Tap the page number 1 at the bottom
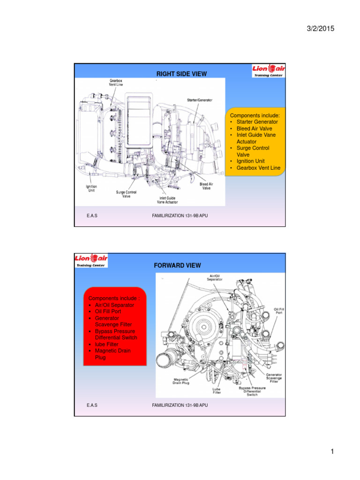pyautogui.click(x=331, y=452)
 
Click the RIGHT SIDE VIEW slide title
pyautogui.click(x=181, y=74)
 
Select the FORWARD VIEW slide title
pyautogui.click(x=177, y=265)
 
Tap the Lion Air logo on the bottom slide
pyautogui.click(x=91, y=261)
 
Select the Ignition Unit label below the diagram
pyautogui.click(x=91, y=188)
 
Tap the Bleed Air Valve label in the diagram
pyautogui.click(x=206, y=187)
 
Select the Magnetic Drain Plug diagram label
pyautogui.click(x=181, y=381)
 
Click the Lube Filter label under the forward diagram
pyautogui.click(x=217, y=390)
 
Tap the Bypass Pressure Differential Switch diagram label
pyautogui.click(x=252, y=391)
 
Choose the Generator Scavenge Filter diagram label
pyautogui.click(x=274, y=378)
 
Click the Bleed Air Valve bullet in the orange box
pyautogui.click(x=254, y=128)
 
